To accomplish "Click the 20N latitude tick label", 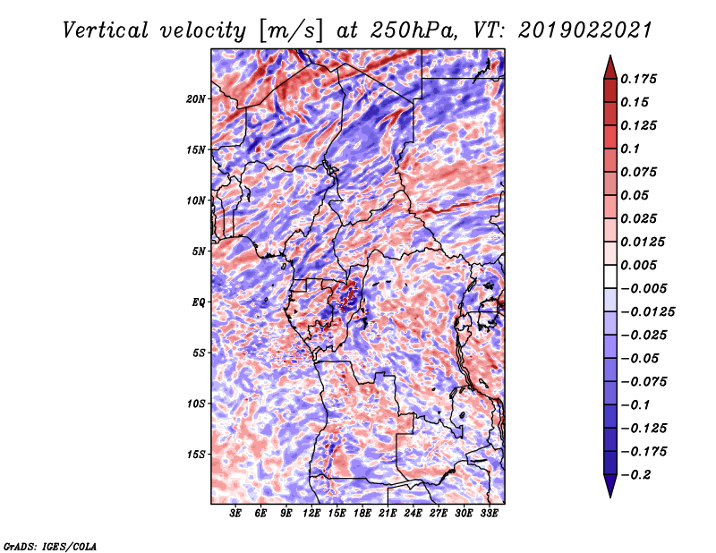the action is [x=196, y=98].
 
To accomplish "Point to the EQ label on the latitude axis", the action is [x=199, y=302].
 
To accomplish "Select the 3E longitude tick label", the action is [x=235, y=514].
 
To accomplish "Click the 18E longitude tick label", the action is [x=362, y=514].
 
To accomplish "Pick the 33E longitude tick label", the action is [x=489, y=514].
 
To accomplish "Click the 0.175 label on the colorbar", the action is [x=638, y=79].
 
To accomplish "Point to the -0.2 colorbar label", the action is [x=635, y=475].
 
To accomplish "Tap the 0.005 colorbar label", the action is [x=638, y=265].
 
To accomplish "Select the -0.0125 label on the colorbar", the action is [x=647, y=312].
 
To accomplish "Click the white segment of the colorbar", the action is [x=610, y=276].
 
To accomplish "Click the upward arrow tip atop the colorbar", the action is [x=610, y=55].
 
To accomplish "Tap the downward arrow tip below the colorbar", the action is [x=610, y=498].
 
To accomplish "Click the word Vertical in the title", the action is [x=106, y=30].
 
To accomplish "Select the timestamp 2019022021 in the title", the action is [x=585, y=30].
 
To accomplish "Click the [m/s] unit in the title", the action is [x=291, y=30].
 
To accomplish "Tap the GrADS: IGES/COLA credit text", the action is [x=50, y=546].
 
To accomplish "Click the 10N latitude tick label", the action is [x=196, y=200].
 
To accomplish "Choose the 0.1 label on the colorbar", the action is [x=630, y=149].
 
